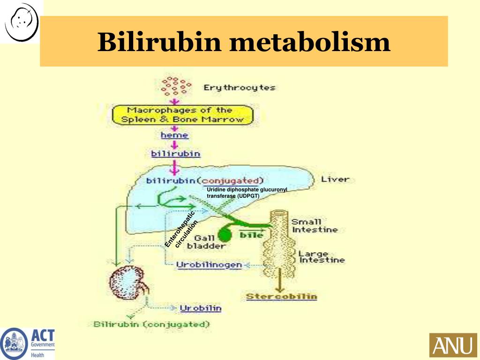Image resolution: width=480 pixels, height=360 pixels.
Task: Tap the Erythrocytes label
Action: (x=239, y=88)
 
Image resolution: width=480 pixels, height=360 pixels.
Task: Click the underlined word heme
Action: (x=174, y=135)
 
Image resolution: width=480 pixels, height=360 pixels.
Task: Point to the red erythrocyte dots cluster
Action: (x=176, y=86)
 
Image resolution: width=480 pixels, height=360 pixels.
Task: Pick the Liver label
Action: (x=335, y=179)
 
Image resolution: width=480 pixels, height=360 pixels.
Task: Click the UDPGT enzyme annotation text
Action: (x=247, y=192)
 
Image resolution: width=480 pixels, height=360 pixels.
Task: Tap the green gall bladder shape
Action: (x=225, y=232)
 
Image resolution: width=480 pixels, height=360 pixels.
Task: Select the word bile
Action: (x=251, y=235)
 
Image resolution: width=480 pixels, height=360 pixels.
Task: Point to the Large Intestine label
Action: (x=322, y=257)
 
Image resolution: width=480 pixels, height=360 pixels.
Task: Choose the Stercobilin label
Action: (x=281, y=296)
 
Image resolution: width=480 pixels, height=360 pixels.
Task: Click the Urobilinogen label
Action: (x=209, y=265)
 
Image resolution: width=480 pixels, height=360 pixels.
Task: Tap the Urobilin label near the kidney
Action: (x=201, y=308)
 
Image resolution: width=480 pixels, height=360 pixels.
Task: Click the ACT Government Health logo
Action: (x=28, y=343)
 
